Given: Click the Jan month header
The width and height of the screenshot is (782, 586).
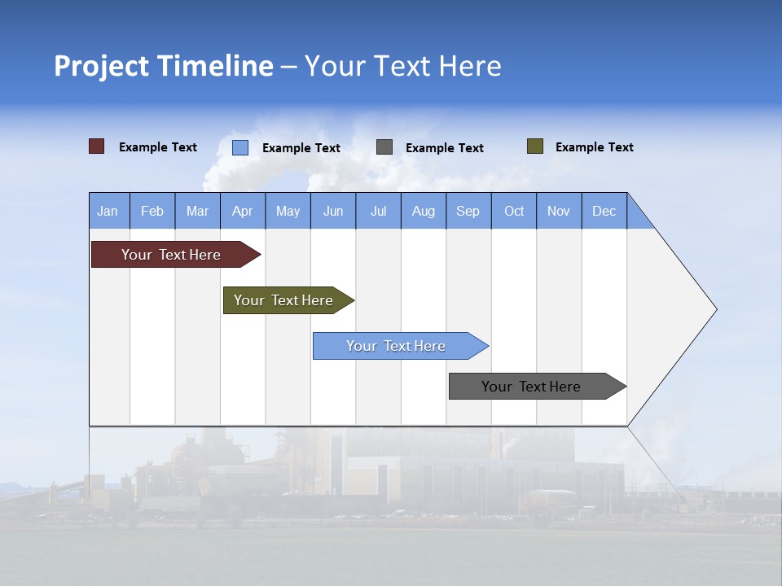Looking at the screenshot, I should pyautogui.click(x=108, y=211).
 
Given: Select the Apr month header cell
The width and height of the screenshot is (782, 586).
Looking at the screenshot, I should pyautogui.click(x=243, y=211).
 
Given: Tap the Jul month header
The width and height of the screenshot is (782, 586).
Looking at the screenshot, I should pyautogui.click(x=378, y=211).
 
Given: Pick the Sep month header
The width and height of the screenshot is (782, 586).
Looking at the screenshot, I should pyautogui.click(x=468, y=211).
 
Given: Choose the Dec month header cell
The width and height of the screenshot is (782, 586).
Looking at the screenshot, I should pyautogui.click(x=604, y=211).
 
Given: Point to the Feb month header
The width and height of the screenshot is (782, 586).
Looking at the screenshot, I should pyautogui.click(x=152, y=211).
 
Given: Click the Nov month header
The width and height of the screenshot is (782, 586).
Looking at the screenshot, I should pyautogui.click(x=559, y=211).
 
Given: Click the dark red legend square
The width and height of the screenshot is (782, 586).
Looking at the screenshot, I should pyautogui.click(x=97, y=146).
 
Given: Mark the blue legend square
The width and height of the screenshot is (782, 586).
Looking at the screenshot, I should pyautogui.click(x=240, y=147).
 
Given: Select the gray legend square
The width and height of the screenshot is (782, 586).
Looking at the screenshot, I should pyautogui.click(x=384, y=147).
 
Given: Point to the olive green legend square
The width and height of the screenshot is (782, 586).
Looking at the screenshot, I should pyautogui.click(x=534, y=146).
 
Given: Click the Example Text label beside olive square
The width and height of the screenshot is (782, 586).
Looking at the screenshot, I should pyautogui.click(x=594, y=147).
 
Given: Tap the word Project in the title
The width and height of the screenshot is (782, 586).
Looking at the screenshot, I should pyautogui.click(x=101, y=66).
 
